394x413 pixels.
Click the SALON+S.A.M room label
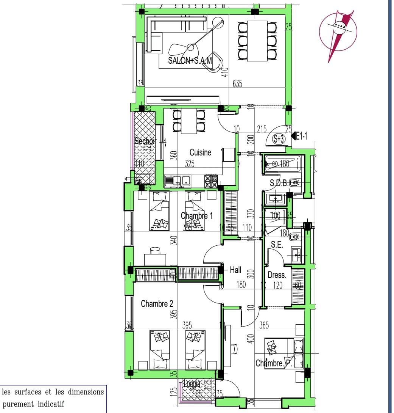190,60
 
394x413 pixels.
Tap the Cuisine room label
200,152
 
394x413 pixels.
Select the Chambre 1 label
196,216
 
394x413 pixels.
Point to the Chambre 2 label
157,303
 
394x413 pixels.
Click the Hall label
235,270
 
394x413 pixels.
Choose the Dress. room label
277,275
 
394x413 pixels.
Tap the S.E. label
277,245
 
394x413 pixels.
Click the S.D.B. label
279,184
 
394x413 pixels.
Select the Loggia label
192,384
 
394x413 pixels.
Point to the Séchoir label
145,141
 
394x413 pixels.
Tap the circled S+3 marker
279,139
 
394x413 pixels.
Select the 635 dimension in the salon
237,84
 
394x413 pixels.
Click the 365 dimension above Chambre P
264,325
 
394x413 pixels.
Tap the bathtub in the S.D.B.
282,163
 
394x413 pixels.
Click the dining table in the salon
257,41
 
